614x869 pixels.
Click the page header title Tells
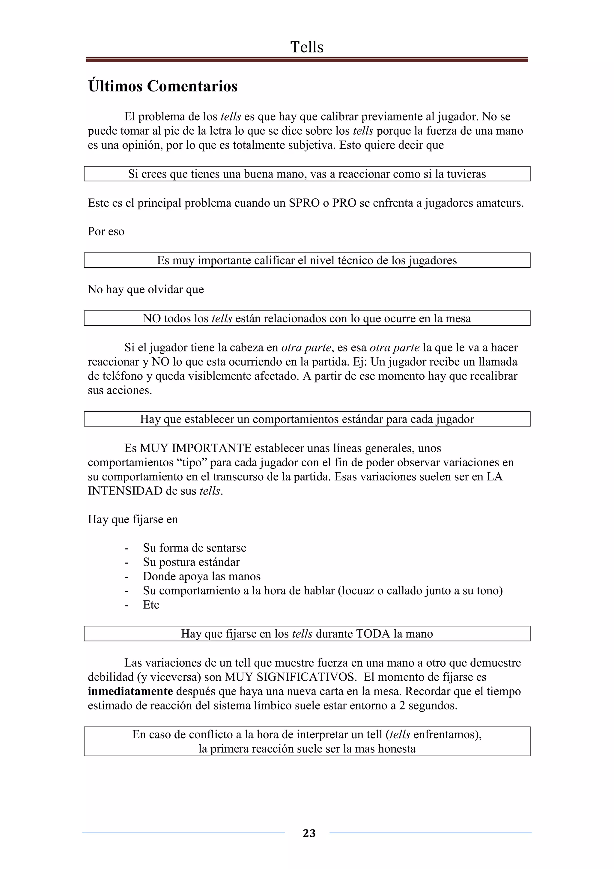click(x=307, y=47)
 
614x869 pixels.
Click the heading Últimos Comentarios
click(x=163, y=86)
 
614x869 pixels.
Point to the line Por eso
click(x=106, y=231)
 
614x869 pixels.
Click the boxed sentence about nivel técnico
click(x=307, y=260)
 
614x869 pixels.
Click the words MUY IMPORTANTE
click(x=195, y=448)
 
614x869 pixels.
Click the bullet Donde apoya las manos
click(x=202, y=576)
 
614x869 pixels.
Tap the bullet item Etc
click(x=151, y=605)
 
